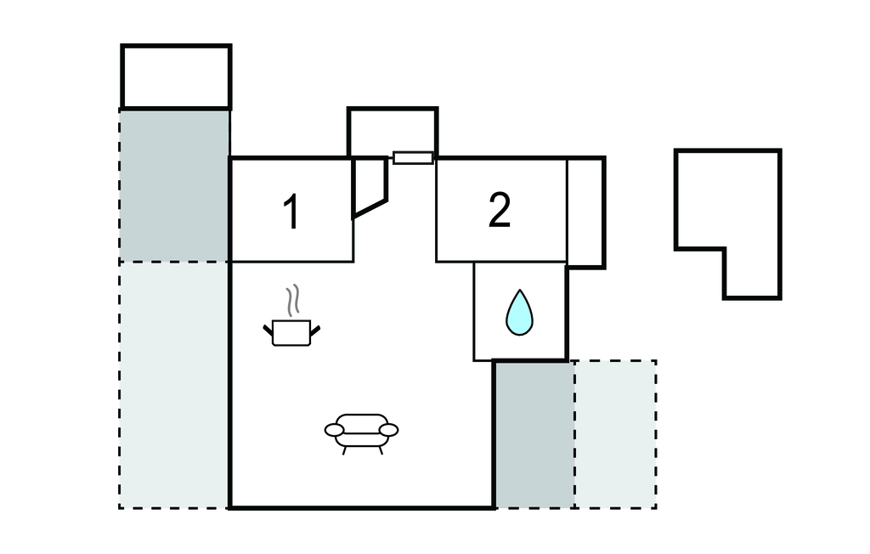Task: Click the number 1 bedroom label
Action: pos(291,212)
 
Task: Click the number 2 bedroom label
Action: pos(500,210)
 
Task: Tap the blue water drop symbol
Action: pos(519,312)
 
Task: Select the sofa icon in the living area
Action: pos(361,430)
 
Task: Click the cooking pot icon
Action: pos(291,332)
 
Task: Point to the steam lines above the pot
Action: pos(292,300)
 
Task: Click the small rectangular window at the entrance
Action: pos(414,157)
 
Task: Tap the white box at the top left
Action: pos(176,76)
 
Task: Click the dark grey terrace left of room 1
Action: pos(174,185)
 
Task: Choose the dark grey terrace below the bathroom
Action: pos(534,433)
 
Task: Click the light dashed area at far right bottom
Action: pos(615,433)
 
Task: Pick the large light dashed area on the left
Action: pos(173,384)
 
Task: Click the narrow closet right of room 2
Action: pos(585,212)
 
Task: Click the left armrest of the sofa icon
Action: pos(334,430)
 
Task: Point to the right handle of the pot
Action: pos(315,329)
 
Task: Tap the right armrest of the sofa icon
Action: pos(389,430)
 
